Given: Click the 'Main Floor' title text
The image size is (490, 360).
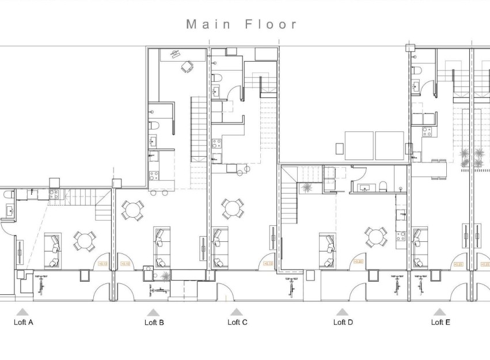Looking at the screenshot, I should [x=242, y=24].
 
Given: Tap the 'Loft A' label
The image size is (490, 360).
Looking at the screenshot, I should [x=23, y=322].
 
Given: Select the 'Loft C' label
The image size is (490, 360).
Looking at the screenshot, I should [x=237, y=322].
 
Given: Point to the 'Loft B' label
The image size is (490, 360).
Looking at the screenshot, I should [x=154, y=322].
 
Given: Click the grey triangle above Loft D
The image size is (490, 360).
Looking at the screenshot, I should [x=342, y=312].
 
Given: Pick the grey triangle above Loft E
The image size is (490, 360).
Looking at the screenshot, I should [x=440, y=312].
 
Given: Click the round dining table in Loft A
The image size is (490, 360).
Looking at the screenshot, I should [x=85, y=240].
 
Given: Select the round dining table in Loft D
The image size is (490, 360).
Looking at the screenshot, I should [x=376, y=236].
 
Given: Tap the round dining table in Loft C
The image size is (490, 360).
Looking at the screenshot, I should [x=233, y=209].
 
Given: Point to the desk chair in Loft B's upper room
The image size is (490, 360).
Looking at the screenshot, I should [x=187, y=67].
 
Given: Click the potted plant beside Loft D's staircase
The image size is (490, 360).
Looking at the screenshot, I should [x=306, y=187].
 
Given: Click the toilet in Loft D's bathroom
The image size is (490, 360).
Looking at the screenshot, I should [x=382, y=186].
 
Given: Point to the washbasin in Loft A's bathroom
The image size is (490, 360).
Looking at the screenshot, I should [x=10, y=211].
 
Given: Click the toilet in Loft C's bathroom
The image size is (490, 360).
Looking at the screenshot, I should [x=216, y=77].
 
